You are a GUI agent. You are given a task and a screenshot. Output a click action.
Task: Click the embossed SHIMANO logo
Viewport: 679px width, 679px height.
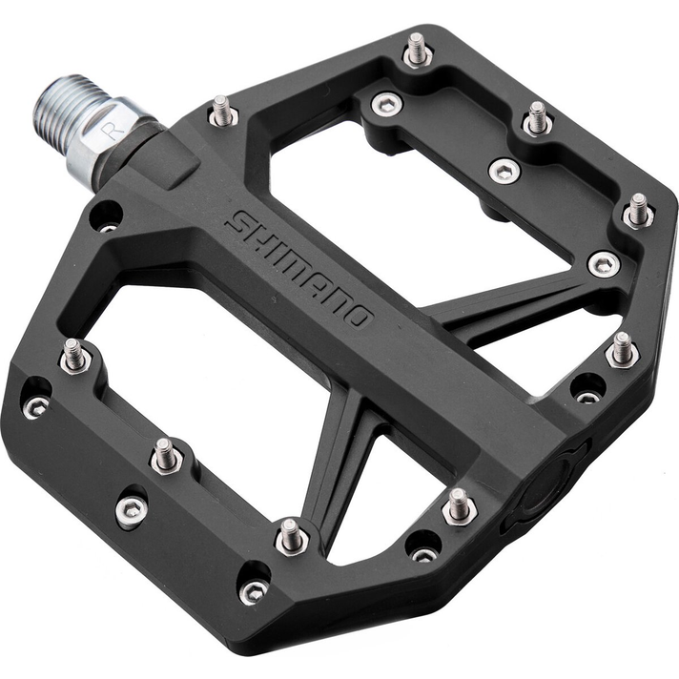[x=298, y=270]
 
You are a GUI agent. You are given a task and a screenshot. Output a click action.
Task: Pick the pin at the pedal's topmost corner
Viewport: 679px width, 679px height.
[x=416, y=50]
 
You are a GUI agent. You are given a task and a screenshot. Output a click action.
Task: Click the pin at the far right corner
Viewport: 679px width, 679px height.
[x=638, y=211]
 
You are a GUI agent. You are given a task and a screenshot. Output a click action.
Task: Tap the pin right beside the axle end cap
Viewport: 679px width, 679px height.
[x=459, y=505]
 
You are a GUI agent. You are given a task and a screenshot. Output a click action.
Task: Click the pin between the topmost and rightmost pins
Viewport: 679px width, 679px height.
[x=538, y=118]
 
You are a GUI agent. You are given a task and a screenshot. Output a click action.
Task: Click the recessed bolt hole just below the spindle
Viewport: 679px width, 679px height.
[x=107, y=216]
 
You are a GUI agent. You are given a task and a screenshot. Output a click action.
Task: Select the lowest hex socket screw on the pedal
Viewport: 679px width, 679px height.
[x=253, y=591]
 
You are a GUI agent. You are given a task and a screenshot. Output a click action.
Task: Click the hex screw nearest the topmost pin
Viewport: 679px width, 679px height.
[x=386, y=104]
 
